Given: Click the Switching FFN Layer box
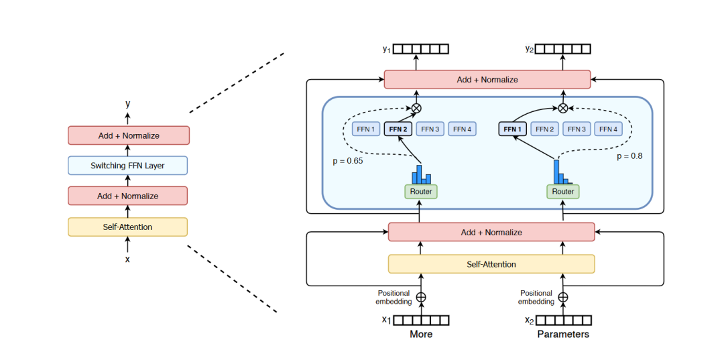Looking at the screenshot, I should pyautogui.click(x=127, y=166).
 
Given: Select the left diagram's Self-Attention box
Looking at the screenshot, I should pyautogui.click(x=127, y=227).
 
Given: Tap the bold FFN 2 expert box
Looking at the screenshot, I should pyautogui.click(x=398, y=129).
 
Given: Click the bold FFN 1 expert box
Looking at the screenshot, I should pyautogui.click(x=512, y=129).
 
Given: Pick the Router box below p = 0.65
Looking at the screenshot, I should pyautogui.click(x=420, y=192).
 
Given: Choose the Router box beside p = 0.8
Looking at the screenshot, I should pyautogui.click(x=563, y=192).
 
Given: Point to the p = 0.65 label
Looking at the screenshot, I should pyautogui.click(x=348, y=162).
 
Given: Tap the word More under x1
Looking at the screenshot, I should pyautogui.click(x=421, y=334).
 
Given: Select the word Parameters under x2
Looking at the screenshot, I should pyautogui.click(x=563, y=334).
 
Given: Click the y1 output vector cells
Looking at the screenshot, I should pyautogui.click(x=420, y=49).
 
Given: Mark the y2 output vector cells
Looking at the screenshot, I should pyautogui.click(x=563, y=49).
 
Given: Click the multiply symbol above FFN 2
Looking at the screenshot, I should pyautogui.click(x=416, y=108).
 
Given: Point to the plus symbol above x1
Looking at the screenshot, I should pyautogui.click(x=421, y=297).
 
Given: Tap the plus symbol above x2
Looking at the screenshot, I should pyautogui.click(x=563, y=297).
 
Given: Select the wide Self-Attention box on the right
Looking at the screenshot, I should pyautogui.click(x=491, y=264).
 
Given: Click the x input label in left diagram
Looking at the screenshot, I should pyautogui.click(x=127, y=259).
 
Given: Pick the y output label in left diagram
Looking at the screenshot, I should pyautogui.click(x=127, y=104).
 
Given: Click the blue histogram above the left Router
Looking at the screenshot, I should pyautogui.click(x=421, y=174).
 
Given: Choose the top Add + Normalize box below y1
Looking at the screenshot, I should pyautogui.click(x=487, y=80).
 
